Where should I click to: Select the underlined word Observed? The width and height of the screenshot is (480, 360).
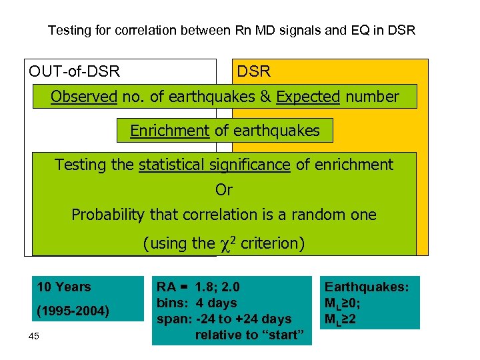click(83, 97)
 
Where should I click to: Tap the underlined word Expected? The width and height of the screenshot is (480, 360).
click(308, 97)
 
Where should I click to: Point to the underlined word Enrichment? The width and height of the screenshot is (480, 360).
click(169, 131)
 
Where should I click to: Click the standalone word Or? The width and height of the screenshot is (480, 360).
click(224, 191)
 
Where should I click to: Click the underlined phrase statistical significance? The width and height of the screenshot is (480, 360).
click(215, 165)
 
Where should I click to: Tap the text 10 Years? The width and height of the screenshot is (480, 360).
click(64, 287)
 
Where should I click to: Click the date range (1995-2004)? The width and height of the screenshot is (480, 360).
click(73, 311)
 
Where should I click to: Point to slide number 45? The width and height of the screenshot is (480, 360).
click(34, 335)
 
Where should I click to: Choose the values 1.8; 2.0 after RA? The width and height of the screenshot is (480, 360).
click(217, 287)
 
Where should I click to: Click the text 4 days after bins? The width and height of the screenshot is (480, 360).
click(216, 303)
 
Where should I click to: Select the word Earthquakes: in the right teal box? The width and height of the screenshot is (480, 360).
click(367, 287)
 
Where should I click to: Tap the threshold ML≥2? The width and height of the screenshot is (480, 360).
click(341, 319)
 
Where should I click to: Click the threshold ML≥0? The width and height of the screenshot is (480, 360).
click(343, 303)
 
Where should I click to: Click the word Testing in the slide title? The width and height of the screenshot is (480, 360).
click(68, 31)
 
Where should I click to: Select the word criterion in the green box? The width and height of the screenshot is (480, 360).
click(273, 244)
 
